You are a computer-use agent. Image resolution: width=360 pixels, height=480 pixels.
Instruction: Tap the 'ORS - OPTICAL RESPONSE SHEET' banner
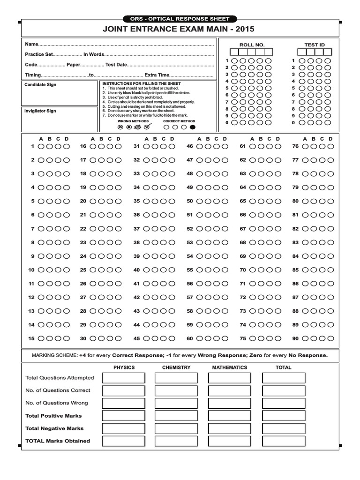(x=180, y=19)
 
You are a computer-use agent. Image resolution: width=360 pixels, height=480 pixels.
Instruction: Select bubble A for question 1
(x=41, y=146)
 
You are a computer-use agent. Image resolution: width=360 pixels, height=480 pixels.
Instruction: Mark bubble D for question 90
(x=330, y=338)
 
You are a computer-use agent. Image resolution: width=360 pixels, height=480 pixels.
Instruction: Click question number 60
(x=190, y=338)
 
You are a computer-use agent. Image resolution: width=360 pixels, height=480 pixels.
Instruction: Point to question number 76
(x=295, y=146)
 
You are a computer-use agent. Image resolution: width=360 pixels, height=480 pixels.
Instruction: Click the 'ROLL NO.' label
(x=252, y=45)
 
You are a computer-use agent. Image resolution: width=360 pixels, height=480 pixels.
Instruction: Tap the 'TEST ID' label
(x=314, y=45)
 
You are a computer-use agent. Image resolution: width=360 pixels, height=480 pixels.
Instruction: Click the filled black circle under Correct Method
(x=192, y=127)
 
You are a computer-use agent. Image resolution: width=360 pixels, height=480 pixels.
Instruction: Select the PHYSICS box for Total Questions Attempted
(x=124, y=378)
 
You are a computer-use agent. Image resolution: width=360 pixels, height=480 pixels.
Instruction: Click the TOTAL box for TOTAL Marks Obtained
(x=284, y=441)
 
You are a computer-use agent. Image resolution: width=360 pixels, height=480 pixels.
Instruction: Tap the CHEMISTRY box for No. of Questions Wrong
(x=177, y=403)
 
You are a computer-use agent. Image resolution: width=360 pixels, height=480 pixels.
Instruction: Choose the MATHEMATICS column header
(x=229, y=367)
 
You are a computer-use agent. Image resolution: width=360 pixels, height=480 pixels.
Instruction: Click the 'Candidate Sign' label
(x=40, y=85)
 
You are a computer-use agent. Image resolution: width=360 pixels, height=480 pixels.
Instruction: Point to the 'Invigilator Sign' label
(x=40, y=111)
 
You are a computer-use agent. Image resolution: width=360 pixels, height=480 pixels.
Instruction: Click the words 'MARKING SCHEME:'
(x=54, y=355)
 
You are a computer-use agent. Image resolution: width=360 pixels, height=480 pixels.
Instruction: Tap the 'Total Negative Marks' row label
(x=54, y=428)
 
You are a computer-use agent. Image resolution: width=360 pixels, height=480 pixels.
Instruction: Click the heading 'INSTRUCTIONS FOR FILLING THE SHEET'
(x=142, y=83)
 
